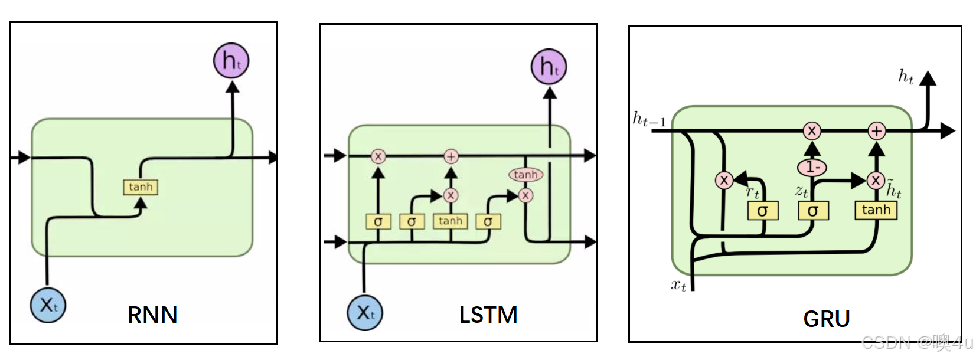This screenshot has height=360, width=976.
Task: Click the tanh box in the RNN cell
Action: [141, 187]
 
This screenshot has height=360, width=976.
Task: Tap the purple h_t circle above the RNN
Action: [231, 61]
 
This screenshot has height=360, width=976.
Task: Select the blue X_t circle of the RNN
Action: [48, 305]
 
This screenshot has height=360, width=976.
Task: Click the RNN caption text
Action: [152, 315]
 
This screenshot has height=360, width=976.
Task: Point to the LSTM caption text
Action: [488, 315]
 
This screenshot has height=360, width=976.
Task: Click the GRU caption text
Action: [826, 319]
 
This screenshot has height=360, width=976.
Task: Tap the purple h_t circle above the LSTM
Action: [549, 67]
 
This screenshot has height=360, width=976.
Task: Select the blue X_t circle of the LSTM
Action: [365, 312]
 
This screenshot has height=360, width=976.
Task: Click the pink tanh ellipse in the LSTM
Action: [525, 175]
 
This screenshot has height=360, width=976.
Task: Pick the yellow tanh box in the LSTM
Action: [451, 221]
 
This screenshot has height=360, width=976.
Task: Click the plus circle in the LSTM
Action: [451, 156]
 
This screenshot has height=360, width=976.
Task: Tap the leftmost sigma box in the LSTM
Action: [378, 221]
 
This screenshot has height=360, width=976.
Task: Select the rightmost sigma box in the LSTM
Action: [488, 221]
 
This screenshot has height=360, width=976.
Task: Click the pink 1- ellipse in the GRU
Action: [812, 168]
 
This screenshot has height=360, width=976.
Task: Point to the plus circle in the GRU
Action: [877, 131]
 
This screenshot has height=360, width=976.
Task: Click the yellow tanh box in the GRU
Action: [876, 210]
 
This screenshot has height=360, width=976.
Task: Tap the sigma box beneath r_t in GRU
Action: [762, 211]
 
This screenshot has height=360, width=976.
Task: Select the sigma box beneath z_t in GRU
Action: [813, 211]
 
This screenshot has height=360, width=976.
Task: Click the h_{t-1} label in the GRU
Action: [649, 120]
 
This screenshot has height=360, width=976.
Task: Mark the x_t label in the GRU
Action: [678, 286]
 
